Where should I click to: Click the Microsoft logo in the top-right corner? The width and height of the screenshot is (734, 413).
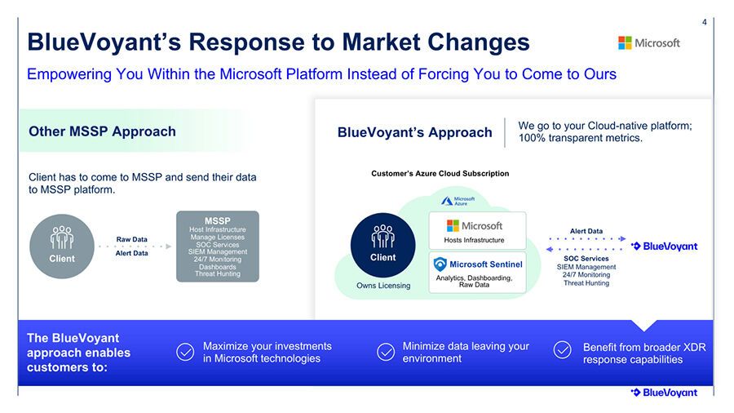tap(649, 43)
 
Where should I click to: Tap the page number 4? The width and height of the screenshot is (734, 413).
tap(704, 22)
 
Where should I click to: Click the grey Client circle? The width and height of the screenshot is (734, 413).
tap(62, 246)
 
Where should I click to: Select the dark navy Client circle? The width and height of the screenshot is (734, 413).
tap(383, 245)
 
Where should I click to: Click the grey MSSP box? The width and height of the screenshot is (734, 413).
tap(218, 246)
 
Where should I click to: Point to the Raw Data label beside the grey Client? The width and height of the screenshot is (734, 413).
tap(131, 239)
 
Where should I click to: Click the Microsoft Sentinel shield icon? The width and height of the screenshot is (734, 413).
tap(440, 264)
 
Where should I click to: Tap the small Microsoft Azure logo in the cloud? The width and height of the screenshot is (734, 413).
tap(458, 201)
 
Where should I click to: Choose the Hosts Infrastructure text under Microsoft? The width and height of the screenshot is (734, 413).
tap(474, 240)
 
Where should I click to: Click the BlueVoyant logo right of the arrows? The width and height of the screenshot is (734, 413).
tap(664, 246)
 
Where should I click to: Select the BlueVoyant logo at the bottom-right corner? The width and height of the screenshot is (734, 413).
tap(664, 393)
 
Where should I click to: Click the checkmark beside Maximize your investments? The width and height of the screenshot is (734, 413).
tap(185, 352)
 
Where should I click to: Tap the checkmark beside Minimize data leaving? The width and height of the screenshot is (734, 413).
tap(386, 352)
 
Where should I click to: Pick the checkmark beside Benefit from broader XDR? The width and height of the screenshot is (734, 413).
tap(562, 350)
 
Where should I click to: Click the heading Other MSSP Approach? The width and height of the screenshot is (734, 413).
tap(102, 131)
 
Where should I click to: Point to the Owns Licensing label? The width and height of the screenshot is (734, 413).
tap(383, 286)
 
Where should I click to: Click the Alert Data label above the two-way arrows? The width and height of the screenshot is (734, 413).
tap(586, 231)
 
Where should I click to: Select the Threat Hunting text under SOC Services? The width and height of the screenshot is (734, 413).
tap(586, 283)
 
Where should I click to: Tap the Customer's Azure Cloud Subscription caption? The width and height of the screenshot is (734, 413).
tap(440, 174)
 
